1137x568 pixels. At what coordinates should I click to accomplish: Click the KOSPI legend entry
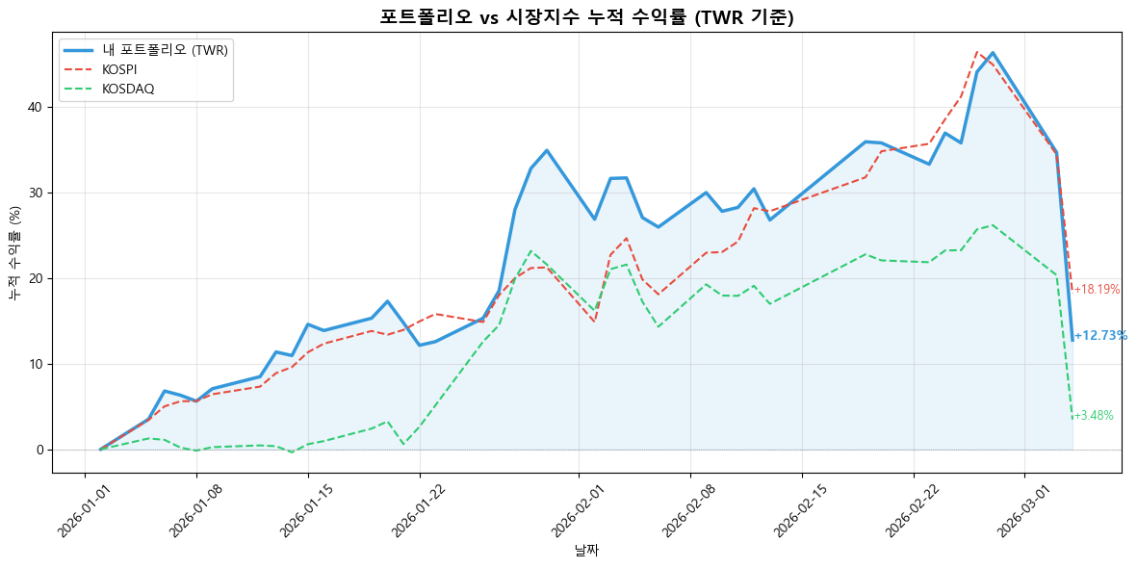tap(120, 69)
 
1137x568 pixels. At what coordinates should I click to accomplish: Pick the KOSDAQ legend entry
tap(128, 89)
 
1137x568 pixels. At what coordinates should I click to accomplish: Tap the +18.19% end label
tap(1097, 290)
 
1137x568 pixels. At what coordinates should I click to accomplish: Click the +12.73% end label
tap(1100, 336)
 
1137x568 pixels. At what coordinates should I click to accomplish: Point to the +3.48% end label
tap(1094, 416)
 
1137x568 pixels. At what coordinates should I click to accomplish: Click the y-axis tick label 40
tap(36, 108)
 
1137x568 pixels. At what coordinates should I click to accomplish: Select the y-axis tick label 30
tap(36, 194)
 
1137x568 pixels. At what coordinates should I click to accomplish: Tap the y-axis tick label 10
tap(36, 365)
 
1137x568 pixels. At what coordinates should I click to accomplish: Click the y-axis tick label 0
tap(39, 451)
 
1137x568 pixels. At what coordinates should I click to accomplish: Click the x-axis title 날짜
tap(586, 551)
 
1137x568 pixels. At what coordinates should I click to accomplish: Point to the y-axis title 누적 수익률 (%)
tap(14, 253)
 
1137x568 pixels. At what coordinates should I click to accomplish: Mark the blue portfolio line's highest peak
tap(993, 53)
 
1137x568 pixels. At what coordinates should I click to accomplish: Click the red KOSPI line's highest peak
tap(976, 52)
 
